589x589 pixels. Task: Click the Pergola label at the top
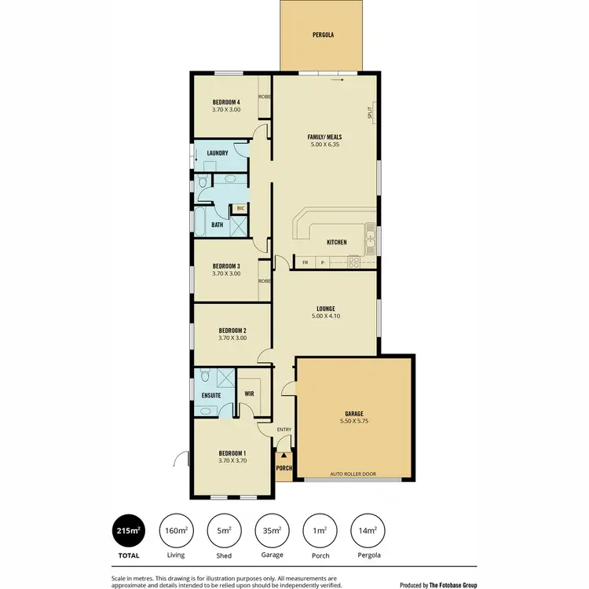point(323,35)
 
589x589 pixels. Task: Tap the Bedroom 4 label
point(226,102)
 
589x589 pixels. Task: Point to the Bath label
point(217,225)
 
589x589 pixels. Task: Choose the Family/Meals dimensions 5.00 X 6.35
point(324,145)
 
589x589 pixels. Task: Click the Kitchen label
point(336,242)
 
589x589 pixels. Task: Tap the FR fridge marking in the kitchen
point(305,262)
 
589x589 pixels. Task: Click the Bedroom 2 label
point(232,331)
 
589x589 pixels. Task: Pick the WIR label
point(249,393)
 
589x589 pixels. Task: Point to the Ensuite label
point(210,395)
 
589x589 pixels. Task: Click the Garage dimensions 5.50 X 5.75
point(356,422)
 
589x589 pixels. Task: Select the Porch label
point(284,469)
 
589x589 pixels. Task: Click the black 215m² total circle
point(128,531)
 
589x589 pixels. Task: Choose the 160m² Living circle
point(176,531)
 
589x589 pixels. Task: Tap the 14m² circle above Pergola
point(367,531)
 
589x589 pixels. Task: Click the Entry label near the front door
point(284,429)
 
